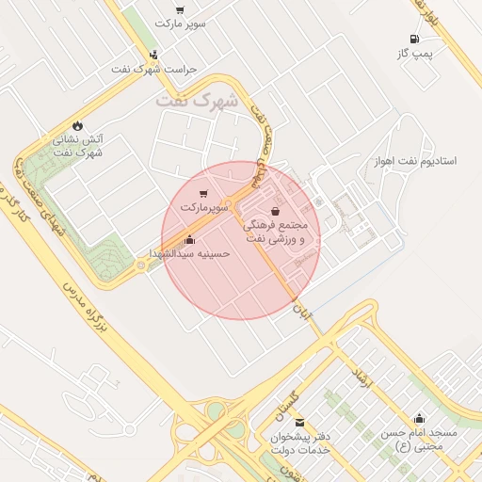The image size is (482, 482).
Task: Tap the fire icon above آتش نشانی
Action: click(77, 125)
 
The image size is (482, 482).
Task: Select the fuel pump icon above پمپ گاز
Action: click(413, 40)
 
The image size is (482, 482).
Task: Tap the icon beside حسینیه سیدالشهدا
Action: click(190, 239)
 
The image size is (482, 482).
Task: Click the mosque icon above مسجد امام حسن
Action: click(419, 417)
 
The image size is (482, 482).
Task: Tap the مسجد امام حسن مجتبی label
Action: click(419, 439)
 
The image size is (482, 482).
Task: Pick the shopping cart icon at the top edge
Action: click(180, 9)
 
